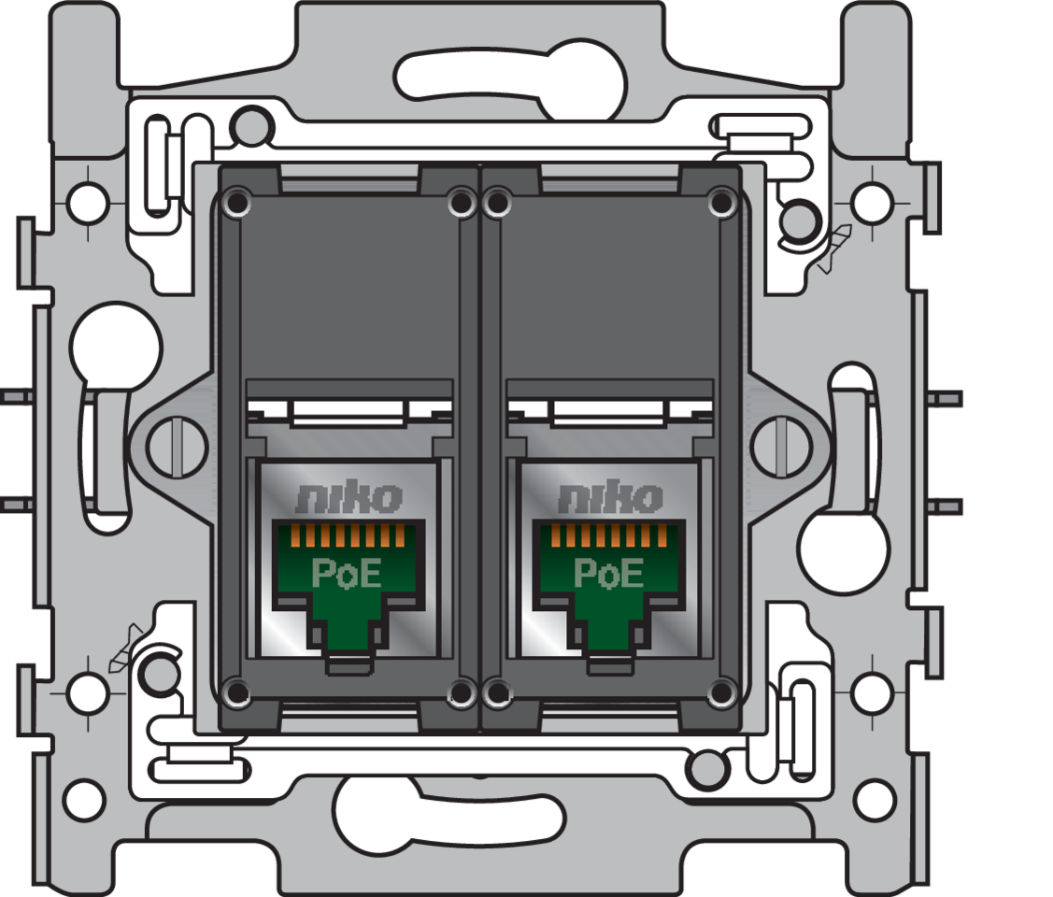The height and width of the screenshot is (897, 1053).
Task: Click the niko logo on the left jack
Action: [x=349, y=498]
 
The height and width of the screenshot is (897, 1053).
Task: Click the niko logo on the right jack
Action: [x=609, y=498]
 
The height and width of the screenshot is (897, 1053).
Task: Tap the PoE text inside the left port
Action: [x=346, y=573]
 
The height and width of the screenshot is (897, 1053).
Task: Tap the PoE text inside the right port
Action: [x=608, y=573]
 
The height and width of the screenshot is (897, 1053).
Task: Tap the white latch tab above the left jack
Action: [x=348, y=412]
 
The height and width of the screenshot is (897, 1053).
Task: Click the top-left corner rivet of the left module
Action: [x=237, y=202]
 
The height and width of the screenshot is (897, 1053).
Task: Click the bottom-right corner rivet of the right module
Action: [x=720, y=692]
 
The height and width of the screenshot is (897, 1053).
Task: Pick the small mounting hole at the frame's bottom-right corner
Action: [x=875, y=799]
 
